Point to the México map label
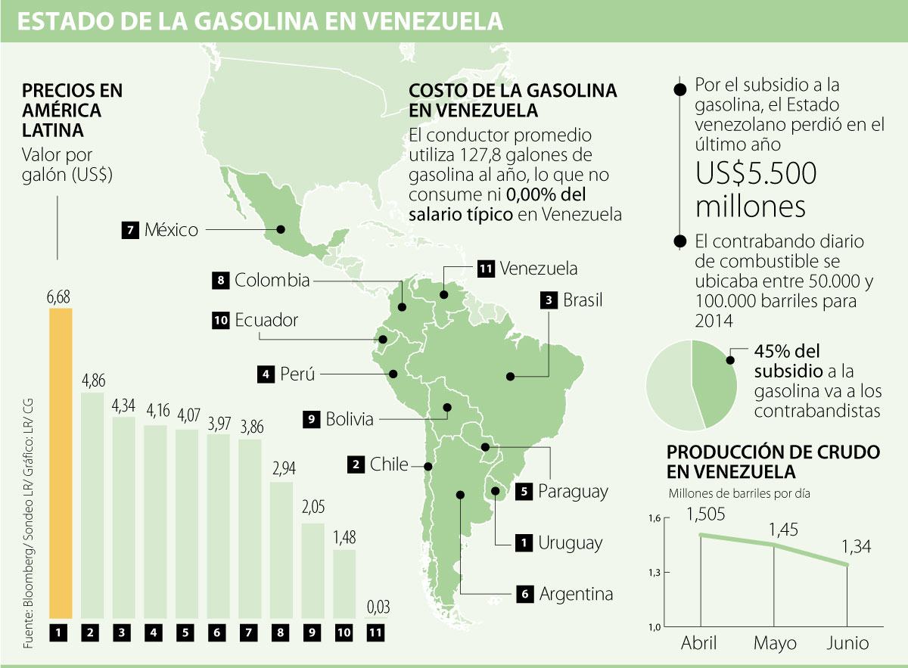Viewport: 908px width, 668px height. point(171,229)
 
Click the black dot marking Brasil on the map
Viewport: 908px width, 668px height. point(511,375)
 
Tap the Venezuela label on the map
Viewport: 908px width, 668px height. point(539,268)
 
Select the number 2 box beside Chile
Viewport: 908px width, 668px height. point(354,464)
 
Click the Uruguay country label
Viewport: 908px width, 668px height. point(571,542)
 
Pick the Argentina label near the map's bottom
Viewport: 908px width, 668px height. point(576,594)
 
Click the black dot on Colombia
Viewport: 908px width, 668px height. point(402,307)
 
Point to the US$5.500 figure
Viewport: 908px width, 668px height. point(757,174)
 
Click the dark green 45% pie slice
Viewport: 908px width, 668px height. point(718,381)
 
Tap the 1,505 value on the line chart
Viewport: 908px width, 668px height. point(706,514)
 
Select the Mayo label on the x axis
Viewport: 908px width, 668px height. point(775,644)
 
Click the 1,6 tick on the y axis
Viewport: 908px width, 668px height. point(655,518)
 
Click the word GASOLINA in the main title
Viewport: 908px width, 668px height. point(256,22)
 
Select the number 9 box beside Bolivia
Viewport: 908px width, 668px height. point(310,418)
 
